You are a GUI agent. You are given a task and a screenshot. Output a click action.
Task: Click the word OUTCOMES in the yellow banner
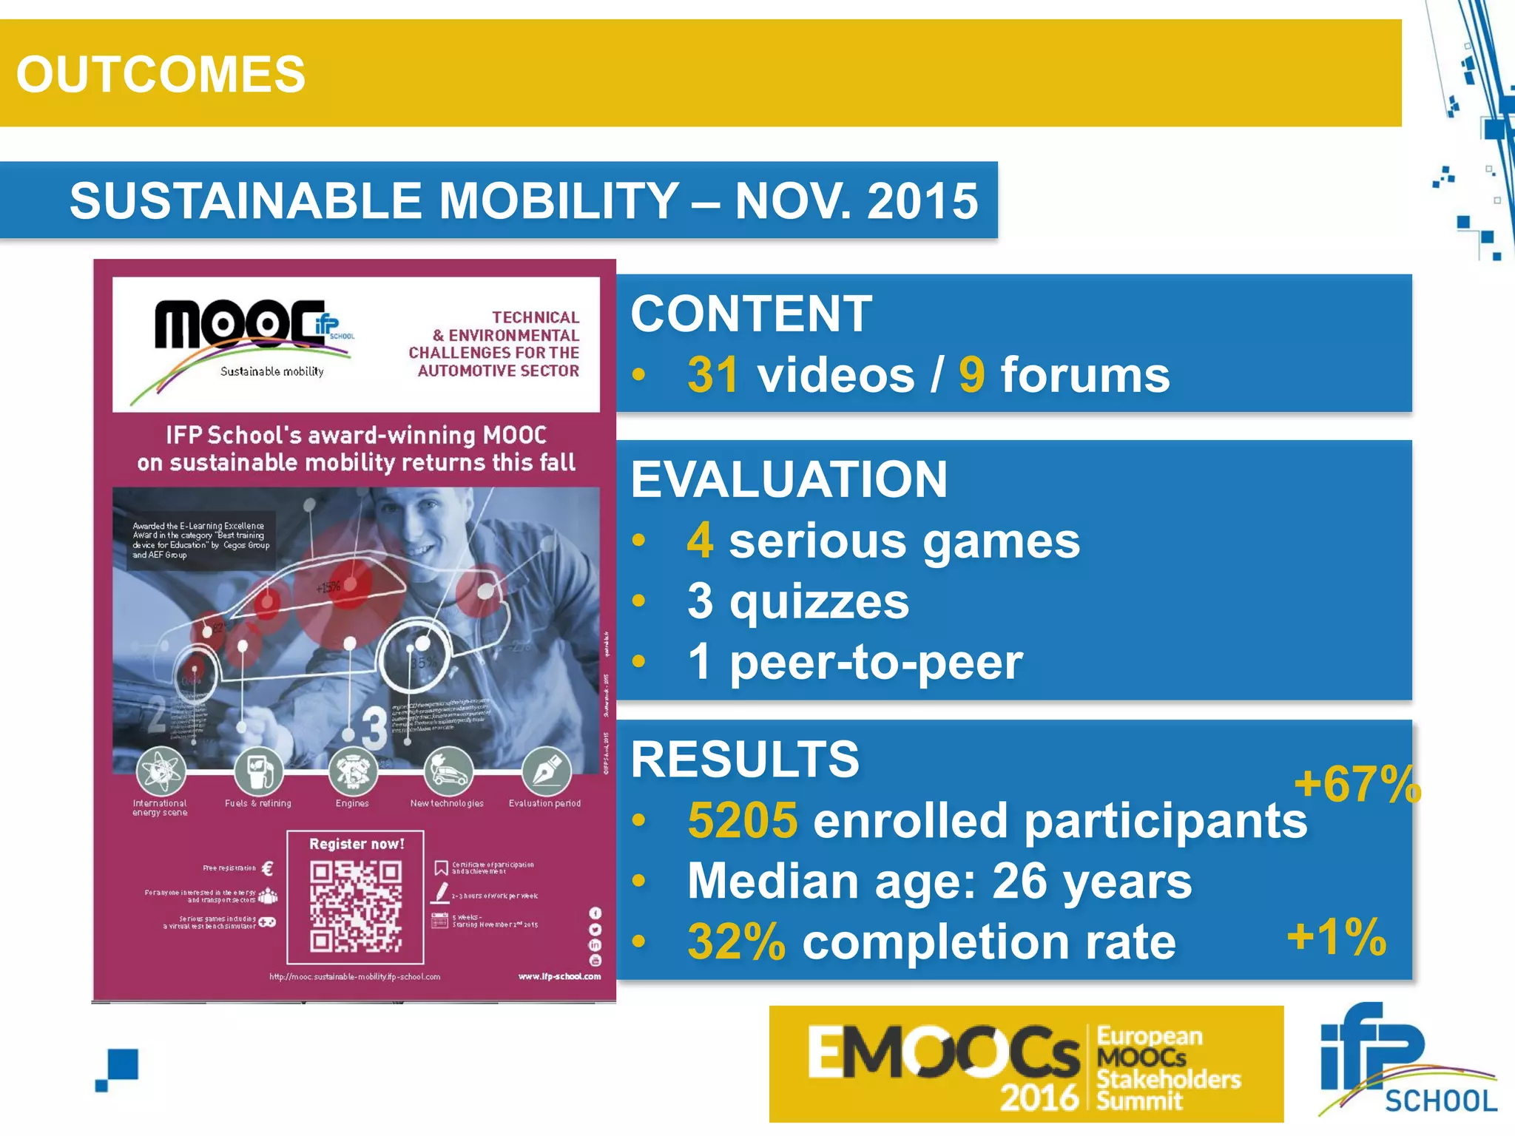coord(161,74)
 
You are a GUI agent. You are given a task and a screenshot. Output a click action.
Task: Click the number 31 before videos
coord(712,375)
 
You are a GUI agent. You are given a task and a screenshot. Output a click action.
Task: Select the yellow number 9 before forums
coord(971,375)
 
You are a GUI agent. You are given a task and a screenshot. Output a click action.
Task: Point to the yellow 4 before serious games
coord(700,541)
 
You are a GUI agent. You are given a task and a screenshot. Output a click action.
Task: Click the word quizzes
coord(819,601)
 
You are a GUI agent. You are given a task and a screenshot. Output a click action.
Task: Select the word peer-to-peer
coord(876,662)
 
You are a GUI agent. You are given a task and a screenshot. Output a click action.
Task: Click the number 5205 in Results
coord(742,821)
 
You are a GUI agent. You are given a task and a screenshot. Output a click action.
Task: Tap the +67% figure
coord(1357,785)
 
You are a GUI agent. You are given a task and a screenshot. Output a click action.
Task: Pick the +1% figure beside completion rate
coord(1336,937)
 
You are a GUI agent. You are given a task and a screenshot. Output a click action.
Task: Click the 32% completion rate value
coord(736,942)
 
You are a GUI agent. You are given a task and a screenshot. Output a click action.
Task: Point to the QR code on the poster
coord(356,906)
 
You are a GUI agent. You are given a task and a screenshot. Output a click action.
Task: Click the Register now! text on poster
coord(357,844)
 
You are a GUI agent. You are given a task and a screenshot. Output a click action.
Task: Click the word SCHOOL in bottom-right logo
coord(1440,1101)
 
